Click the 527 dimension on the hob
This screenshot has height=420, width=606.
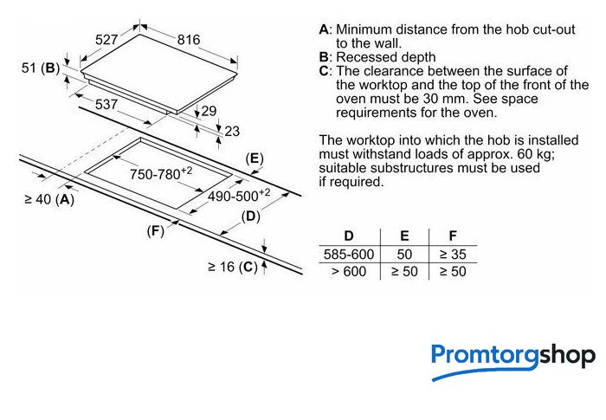(106, 40)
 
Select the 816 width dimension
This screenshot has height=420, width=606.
(189, 40)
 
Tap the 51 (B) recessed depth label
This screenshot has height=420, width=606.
(41, 68)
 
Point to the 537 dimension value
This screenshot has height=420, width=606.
(106, 104)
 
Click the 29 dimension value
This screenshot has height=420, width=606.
(209, 112)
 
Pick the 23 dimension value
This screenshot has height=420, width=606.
(232, 132)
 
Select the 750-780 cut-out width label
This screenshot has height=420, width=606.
(161, 173)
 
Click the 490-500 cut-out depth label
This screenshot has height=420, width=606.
(239, 196)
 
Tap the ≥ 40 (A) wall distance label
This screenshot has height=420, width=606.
(49, 199)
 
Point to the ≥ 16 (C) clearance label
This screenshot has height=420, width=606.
(232, 267)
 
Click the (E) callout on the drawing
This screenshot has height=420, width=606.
(255, 158)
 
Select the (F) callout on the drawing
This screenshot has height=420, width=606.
(155, 231)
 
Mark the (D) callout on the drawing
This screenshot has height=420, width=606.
(250, 216)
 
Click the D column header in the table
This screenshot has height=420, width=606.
(349, 236)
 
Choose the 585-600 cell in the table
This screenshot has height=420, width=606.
(349, 255)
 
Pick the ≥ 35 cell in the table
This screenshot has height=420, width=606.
(453, 255)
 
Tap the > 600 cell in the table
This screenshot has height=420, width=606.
(349, 272)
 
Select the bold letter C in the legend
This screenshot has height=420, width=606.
(324, 71)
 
